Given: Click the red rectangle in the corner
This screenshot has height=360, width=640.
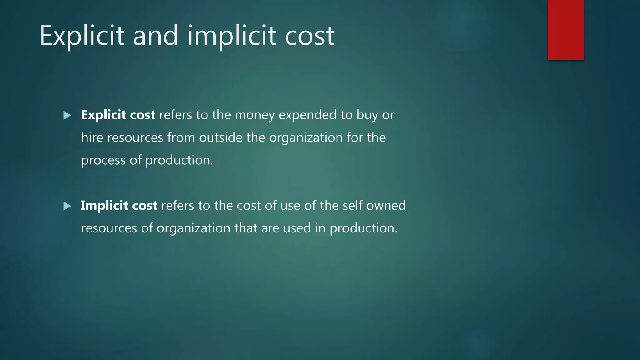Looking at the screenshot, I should (566, 30).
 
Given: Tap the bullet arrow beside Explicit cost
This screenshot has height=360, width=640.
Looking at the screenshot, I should (67, 116).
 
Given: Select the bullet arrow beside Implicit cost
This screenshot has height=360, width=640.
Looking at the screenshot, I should (67, 206).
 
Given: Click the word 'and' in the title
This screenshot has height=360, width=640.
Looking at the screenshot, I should (155, 36).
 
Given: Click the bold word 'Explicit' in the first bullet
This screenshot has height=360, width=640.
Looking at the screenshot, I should (103, 115).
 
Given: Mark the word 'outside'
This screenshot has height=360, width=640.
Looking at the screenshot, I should (221, 137).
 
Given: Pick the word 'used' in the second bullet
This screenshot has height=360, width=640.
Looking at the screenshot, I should (297, 228).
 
